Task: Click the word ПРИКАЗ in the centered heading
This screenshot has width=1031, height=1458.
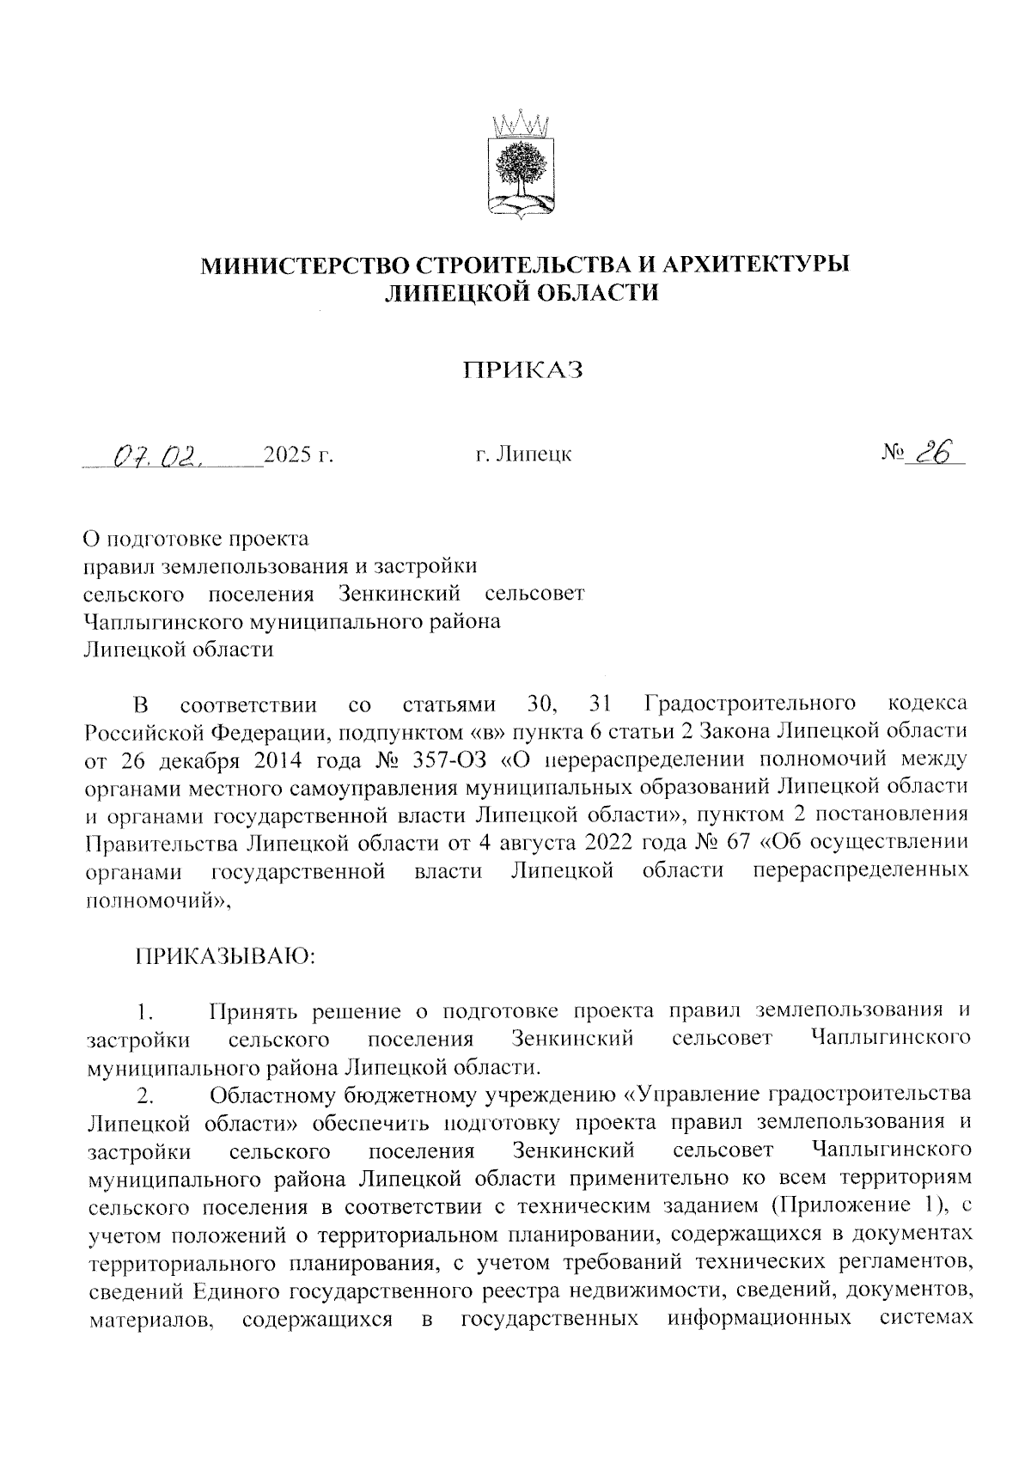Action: (523, 370)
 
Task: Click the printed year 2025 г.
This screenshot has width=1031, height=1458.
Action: (298, 454)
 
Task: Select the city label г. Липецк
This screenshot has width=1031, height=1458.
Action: (523, 454)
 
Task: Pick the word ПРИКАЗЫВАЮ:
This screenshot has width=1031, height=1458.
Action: (225, 956)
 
